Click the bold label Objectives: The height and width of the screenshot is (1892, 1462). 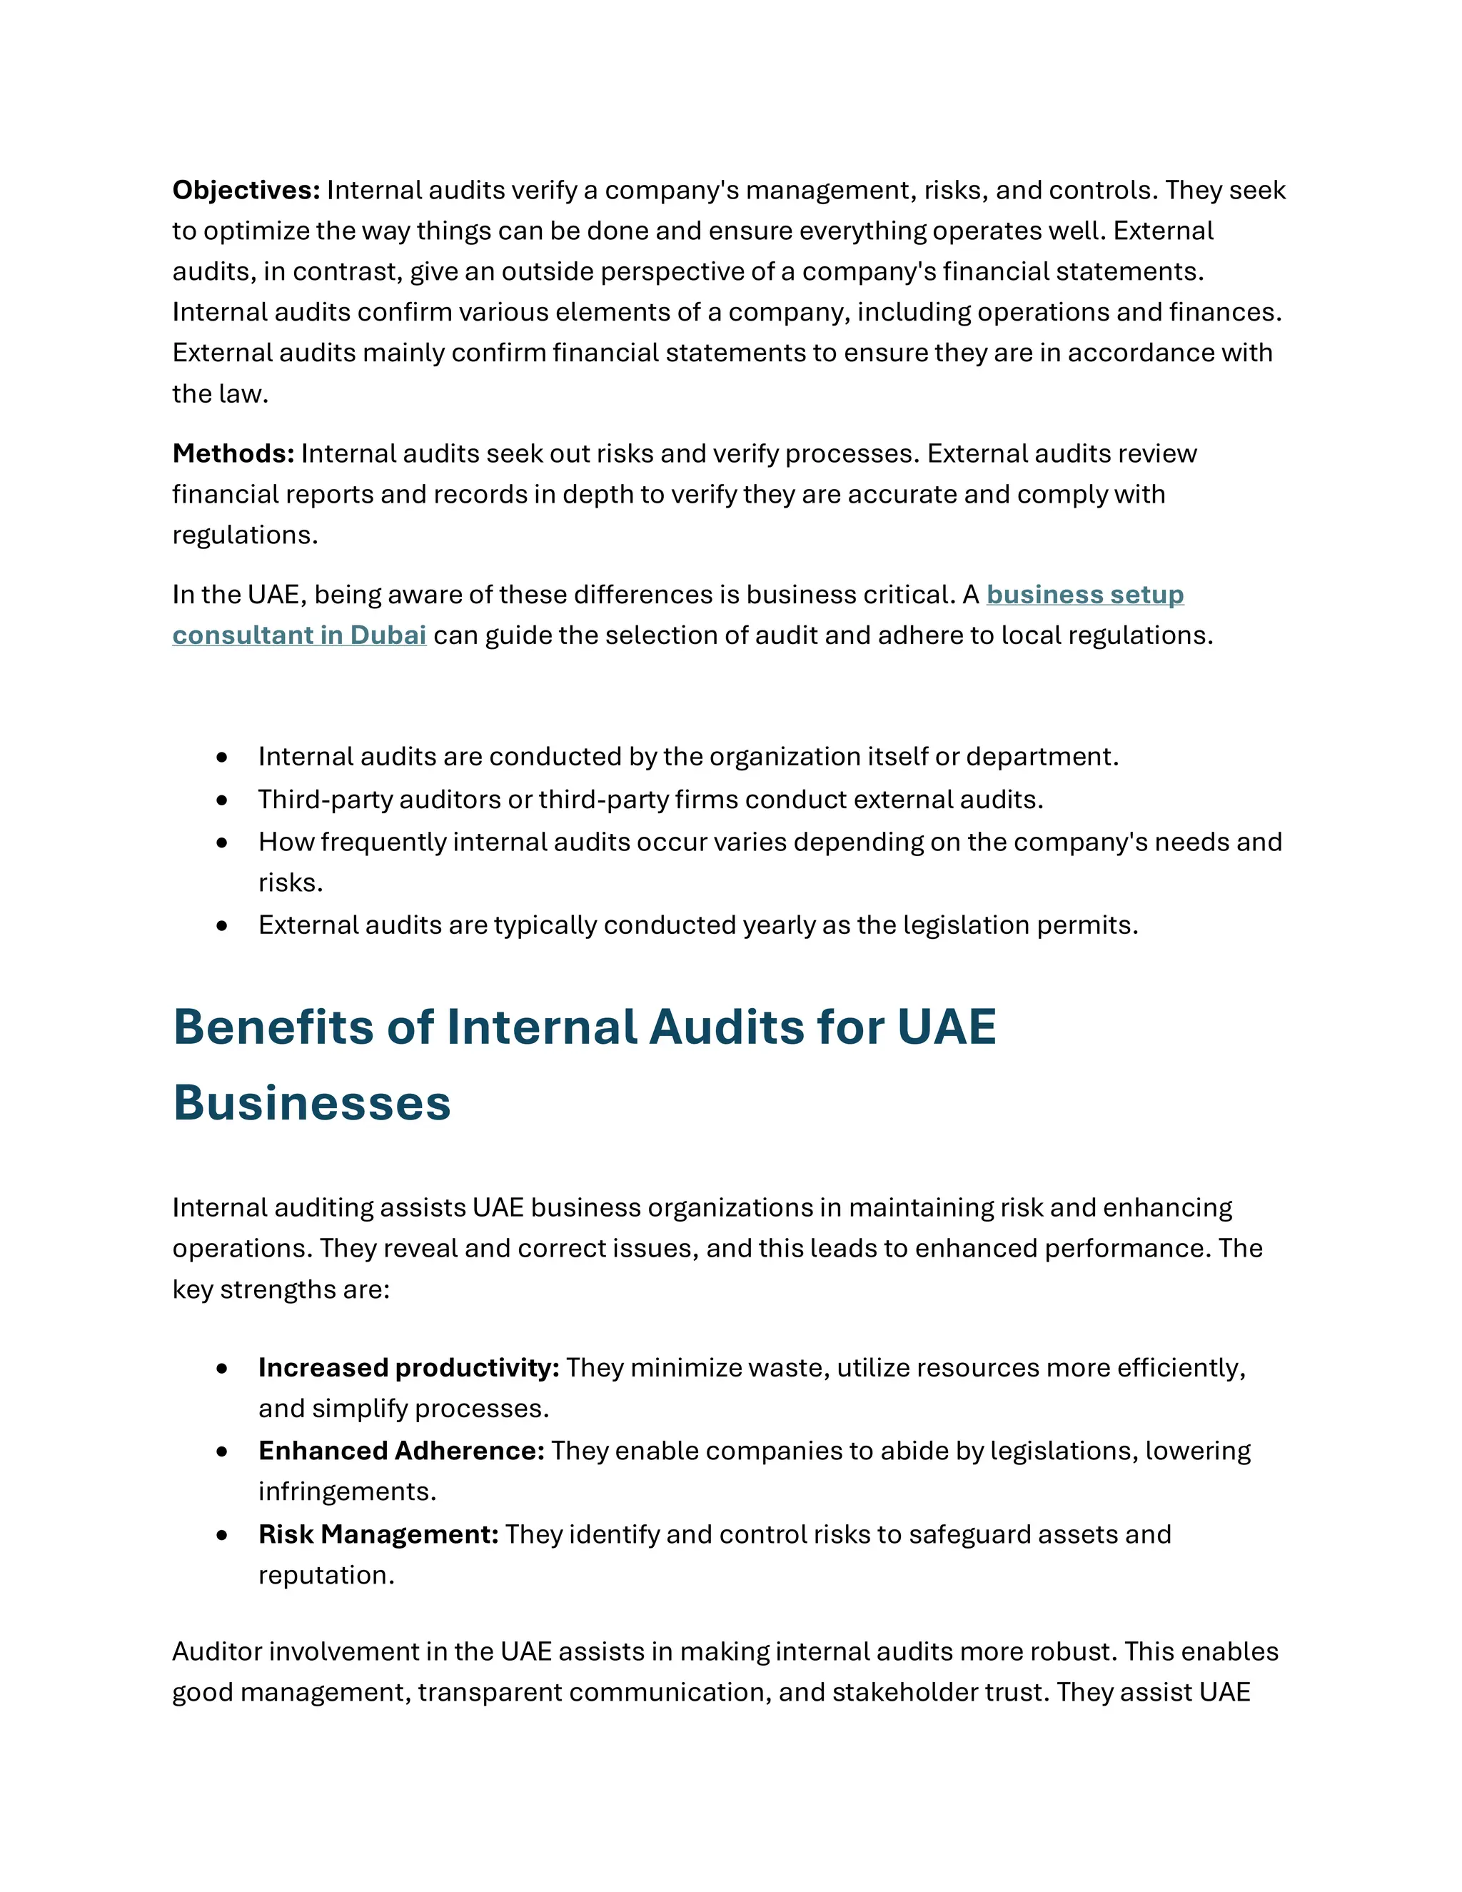pos(246,190)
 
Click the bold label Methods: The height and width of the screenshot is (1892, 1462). pos(233,453)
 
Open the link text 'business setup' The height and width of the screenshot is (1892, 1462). pos(1084,594)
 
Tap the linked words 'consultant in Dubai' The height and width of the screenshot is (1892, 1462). pos(299,635)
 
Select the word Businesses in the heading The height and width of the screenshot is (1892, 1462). pos(312,1103)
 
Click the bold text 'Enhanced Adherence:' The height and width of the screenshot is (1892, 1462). pos(401,1450)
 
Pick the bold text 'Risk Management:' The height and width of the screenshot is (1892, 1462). pos(378,1534)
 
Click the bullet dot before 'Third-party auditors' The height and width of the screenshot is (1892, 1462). pos(223,800)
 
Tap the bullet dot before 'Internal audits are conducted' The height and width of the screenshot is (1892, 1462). pos(223,757)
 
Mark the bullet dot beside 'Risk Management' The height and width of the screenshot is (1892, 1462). pos(223,1535)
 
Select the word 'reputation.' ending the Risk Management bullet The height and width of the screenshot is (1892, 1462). pos(326,1575)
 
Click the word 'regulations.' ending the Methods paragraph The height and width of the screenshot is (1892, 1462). pos(245,535)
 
